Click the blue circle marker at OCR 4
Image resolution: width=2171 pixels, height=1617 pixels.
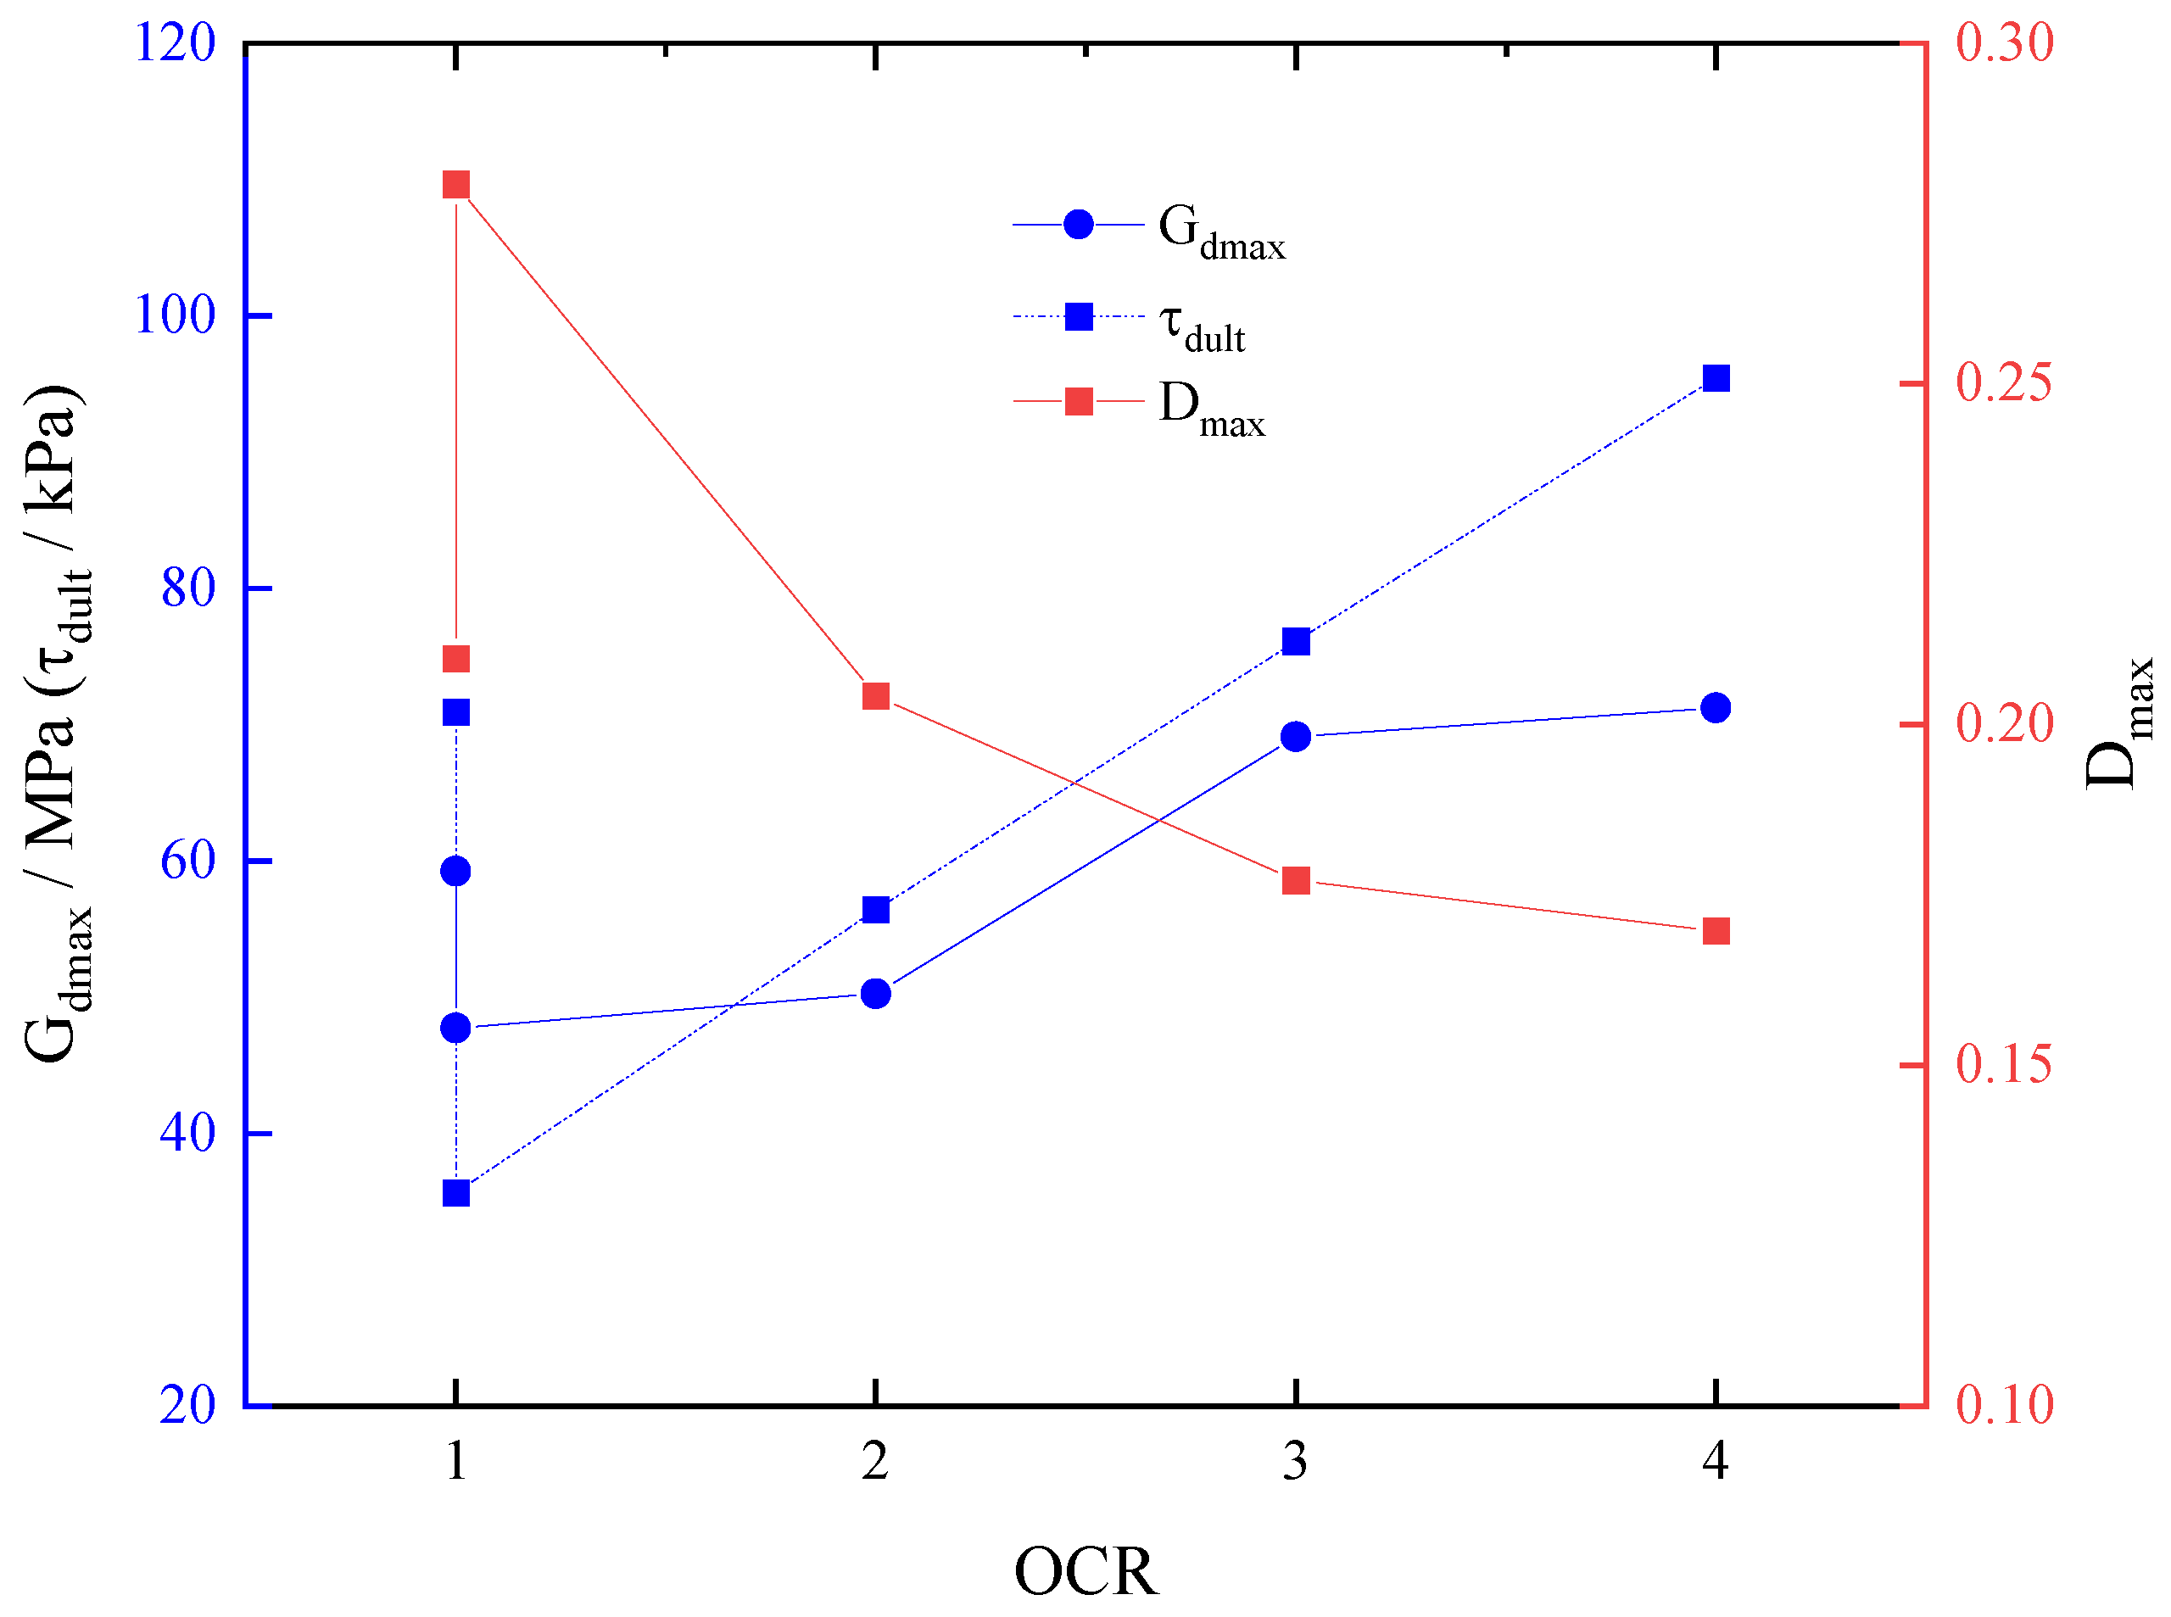click(x=1715, y=708)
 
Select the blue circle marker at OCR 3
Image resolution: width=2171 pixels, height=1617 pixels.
click(x=1296, y=736)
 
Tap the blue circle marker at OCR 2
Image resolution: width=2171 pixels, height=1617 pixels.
click(x=876, y=994)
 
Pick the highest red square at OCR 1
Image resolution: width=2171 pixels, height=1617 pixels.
click(x=456, y=185)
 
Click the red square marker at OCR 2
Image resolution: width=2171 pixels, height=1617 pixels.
click(x=876, y=696)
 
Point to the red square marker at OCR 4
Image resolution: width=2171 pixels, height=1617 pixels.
click(x=1715, y=931)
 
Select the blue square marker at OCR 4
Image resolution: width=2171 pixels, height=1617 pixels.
click(x=1715, y=378)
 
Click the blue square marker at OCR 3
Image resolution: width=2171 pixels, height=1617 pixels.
click(x=1296, y=641)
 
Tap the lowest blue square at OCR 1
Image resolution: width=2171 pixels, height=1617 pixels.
click(x=456, y=1193)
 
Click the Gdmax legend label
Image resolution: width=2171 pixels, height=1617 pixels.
click(x=1220, y=232)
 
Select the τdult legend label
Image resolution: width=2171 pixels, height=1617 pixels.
click(x=1201, y=326)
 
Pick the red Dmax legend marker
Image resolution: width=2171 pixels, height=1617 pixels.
click(x=1079, y=401)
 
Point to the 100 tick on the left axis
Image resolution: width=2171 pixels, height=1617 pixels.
click(x=174, y=315)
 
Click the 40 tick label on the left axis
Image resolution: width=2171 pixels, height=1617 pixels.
click(x=187, y=1134)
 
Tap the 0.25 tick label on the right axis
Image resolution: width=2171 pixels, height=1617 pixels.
click(x=2004, y=382)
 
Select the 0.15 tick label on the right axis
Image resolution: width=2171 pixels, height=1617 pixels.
click(x=2004, y=1064)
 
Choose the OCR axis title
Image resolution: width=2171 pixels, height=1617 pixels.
click(x=1085, y=1572)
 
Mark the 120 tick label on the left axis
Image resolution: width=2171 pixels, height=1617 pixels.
click(x=174, y=43)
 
